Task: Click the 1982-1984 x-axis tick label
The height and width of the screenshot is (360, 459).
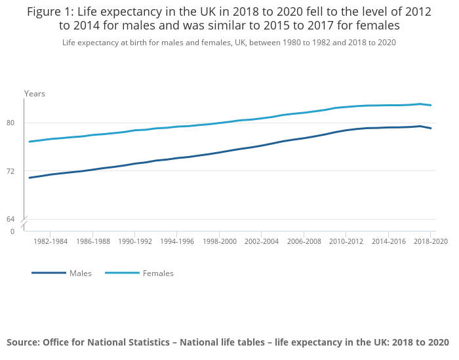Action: [50, 242]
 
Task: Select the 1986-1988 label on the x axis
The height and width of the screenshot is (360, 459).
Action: [92, 242]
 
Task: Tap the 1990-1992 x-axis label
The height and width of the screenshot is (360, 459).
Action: [135, 242]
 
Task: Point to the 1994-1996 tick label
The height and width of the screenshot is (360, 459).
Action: [177, 242]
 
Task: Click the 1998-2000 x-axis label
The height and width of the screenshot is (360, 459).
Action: [220, 242]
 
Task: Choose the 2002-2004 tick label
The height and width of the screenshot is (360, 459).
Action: [262, 242]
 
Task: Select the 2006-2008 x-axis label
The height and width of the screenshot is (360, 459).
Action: [304, 242]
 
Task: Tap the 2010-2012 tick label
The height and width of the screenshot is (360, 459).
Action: [346, 242]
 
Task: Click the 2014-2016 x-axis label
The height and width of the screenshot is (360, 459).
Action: [389, 242]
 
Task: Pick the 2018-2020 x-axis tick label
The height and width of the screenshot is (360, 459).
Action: [431, 242]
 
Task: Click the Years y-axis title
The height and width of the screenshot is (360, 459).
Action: [35, 94]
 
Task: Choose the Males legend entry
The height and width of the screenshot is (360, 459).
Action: [80, 273]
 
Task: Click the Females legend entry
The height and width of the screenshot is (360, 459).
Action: [158, 273]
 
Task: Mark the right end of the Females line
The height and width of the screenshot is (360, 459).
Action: [431, 106]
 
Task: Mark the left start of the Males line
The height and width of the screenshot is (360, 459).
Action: [30, 178]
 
